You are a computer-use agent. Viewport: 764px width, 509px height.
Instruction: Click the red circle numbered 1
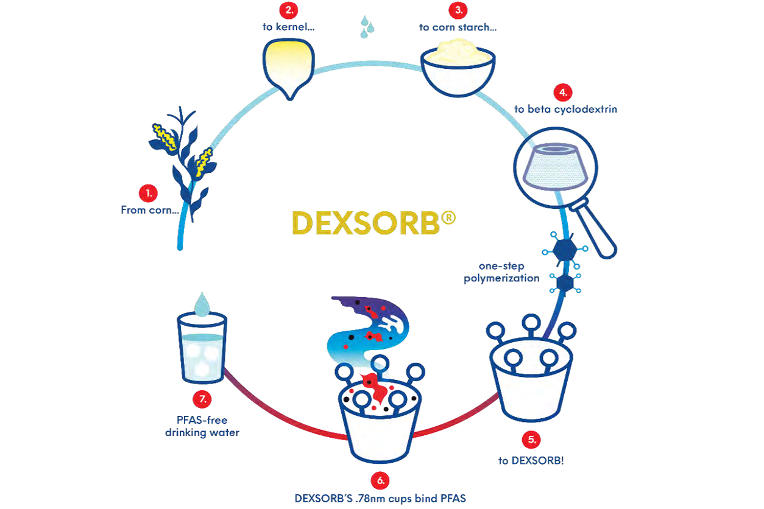click(148, 194)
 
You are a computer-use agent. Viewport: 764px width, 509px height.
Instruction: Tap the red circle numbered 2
click(288, 10)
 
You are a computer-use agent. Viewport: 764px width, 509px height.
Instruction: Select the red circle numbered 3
click(458, 10)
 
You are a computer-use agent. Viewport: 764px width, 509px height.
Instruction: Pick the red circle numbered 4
click(562, 93)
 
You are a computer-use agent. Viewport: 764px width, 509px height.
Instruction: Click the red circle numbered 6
click(380, 480)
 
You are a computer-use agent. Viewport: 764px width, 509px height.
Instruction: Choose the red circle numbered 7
click(202, 399)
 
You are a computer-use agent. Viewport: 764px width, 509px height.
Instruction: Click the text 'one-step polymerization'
click(501, 273)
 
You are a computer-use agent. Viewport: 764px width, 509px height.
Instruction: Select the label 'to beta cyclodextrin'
click(565, 110)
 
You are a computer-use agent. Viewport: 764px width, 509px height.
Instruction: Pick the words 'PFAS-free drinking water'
click(202, 427)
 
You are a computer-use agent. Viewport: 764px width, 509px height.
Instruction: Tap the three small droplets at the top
click(367, 27)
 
